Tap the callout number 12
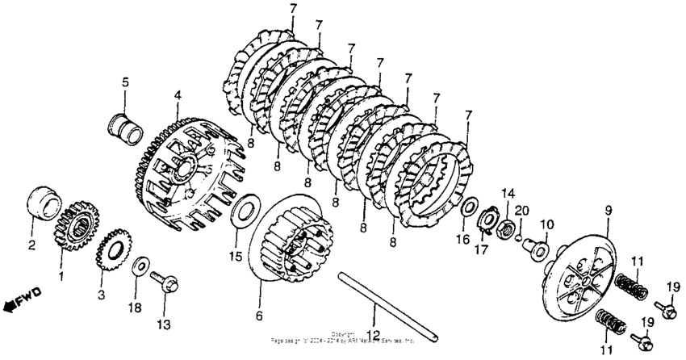click(373, 334)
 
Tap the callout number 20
click(521, 211)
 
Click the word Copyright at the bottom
click(343, 333)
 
